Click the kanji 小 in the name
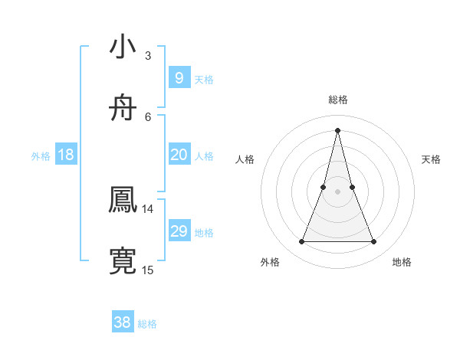pos(123,47)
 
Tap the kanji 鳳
pos(123,200)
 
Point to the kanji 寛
pos(123,261)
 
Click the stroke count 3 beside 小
pos(148,55)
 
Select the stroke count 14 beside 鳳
pos(148,208)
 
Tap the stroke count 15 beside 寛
pos(148,270)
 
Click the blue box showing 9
pos(179,78)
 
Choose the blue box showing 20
pos(179,155)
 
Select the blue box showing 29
pos(179,231)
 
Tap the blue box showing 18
pos(66,155)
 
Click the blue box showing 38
pos(123,322)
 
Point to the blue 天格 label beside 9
pos(204,79)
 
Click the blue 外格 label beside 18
pos(41,156)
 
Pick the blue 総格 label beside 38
pos(147,324)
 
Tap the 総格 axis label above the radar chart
pos(337,100)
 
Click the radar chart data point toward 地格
pos(374,242)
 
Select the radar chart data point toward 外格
pos(301,242)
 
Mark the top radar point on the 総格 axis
pos(337,129)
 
